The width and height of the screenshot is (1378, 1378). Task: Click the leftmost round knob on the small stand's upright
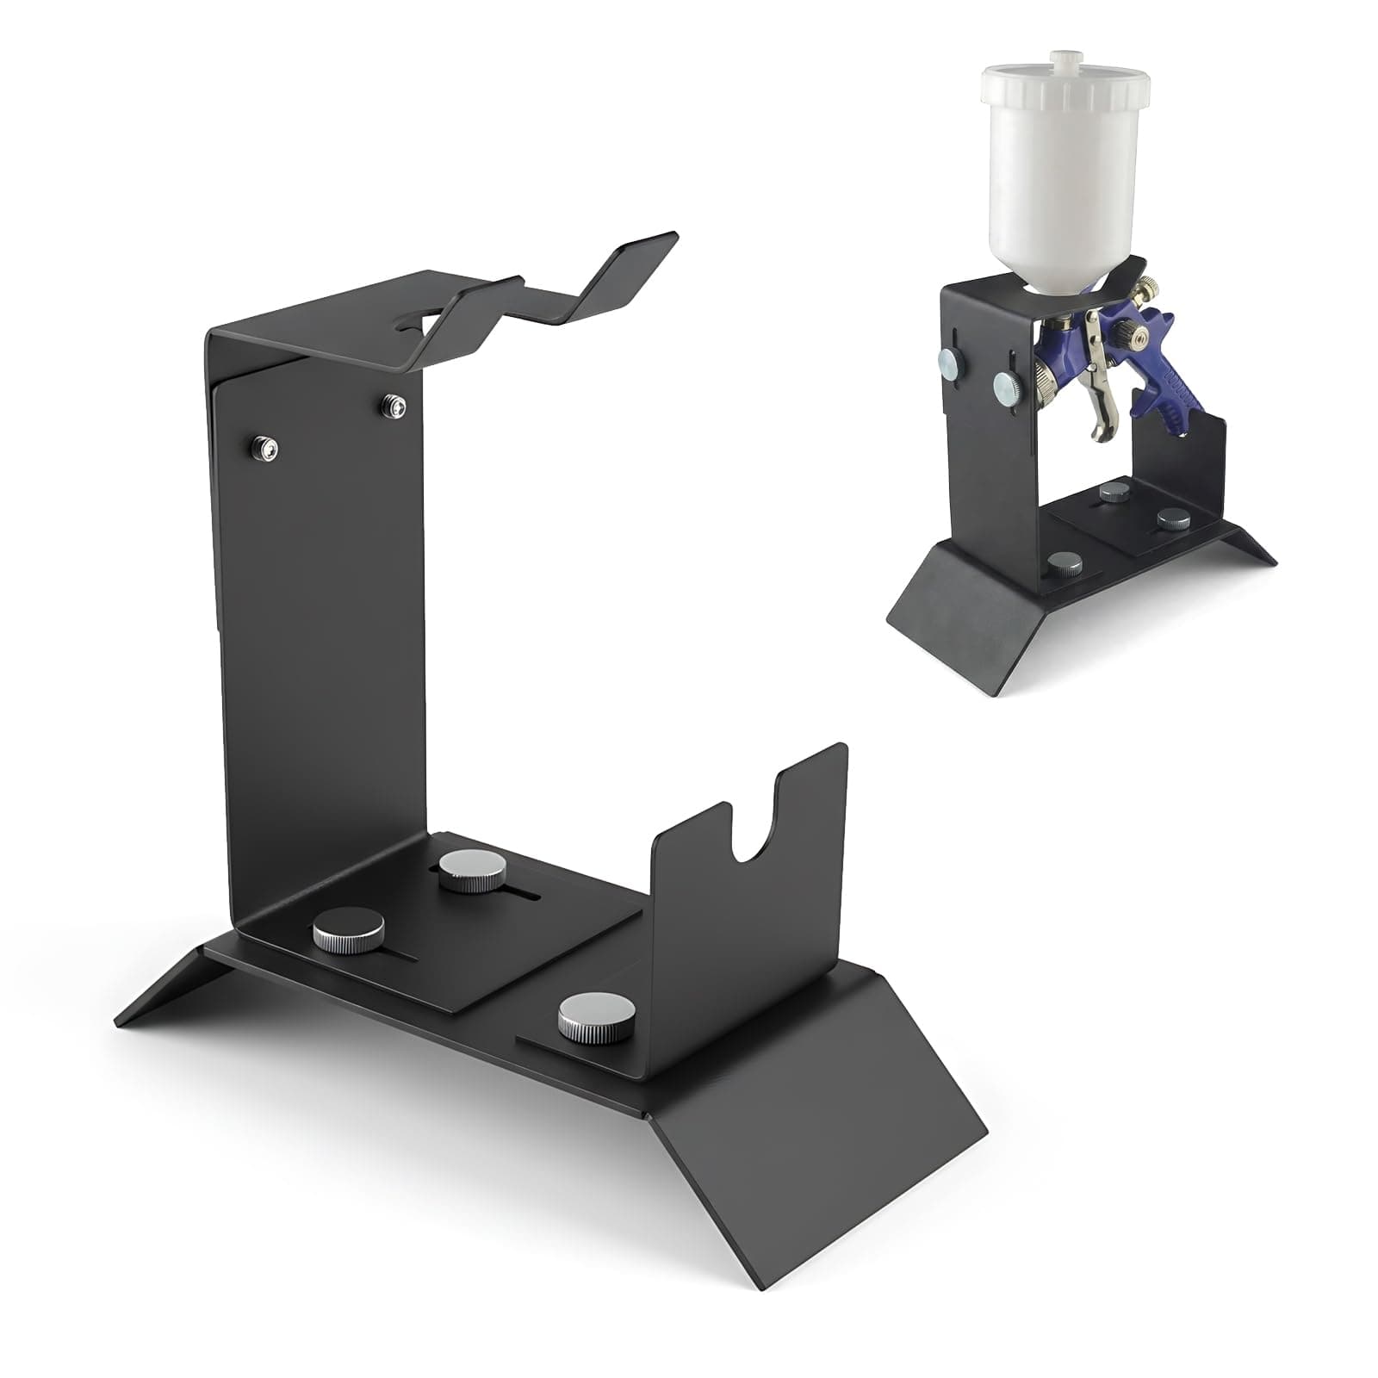click(x=948, y=361)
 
